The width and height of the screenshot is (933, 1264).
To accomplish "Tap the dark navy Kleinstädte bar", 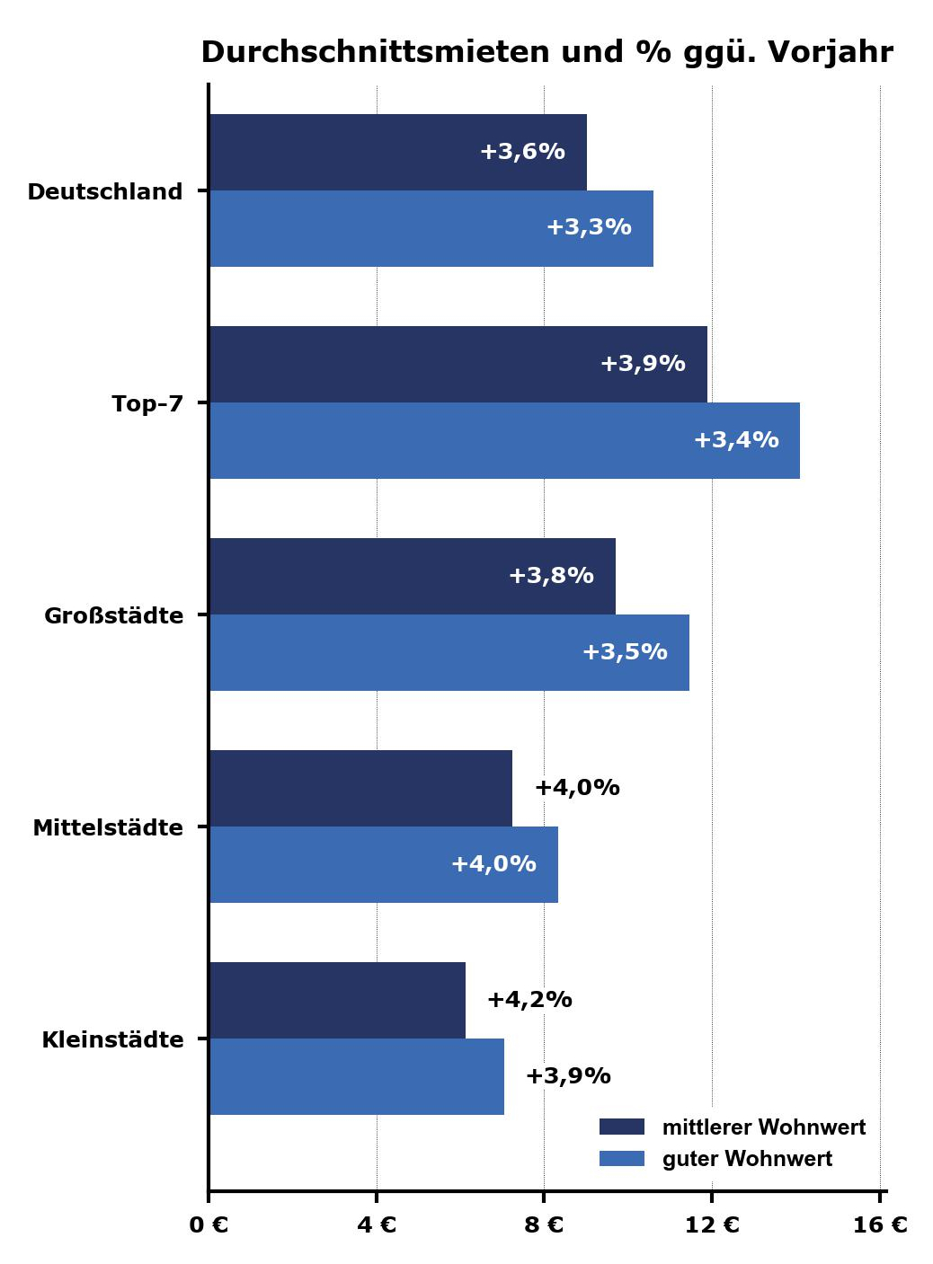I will pyautogui.click(x=337, y=1000).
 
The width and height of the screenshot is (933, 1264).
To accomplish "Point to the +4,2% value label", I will pyautogui.click(x=529, y=1000).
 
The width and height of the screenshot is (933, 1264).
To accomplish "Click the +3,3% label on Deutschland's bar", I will pyautogui.click(x=589, y=227).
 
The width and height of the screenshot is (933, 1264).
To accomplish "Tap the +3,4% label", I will pyautogui.click(x=736, y=440).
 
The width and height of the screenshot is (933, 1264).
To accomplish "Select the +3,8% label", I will pyautogui.click(x=551, y=576).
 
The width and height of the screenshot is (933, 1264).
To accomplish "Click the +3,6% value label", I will pyautogui.click(x=522, y=152).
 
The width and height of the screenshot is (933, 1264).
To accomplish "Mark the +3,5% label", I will pyautogui.click(x=625, y=652).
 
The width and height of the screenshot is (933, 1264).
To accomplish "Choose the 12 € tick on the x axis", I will pyautogui.click(x=712, y=1225).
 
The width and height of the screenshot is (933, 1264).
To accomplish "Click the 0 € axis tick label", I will pyautogui.click(x=209, y=1225).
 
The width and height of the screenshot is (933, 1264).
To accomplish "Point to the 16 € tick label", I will pyautogui.click(x=880, y=1225).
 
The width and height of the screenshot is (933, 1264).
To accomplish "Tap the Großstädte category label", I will pyautogui.click(x=113, y=616).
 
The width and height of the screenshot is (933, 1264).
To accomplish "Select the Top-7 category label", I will pyautogui.click(x=147, y=404).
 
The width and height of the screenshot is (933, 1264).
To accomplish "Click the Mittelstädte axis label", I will pyautogui.click(x=108, y=828).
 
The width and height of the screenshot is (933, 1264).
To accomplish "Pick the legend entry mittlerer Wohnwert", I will pyautogui.click(x=763, y=1127).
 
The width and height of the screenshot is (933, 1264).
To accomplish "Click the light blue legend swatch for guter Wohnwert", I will pyautogui.click(x=622, y=1159).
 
